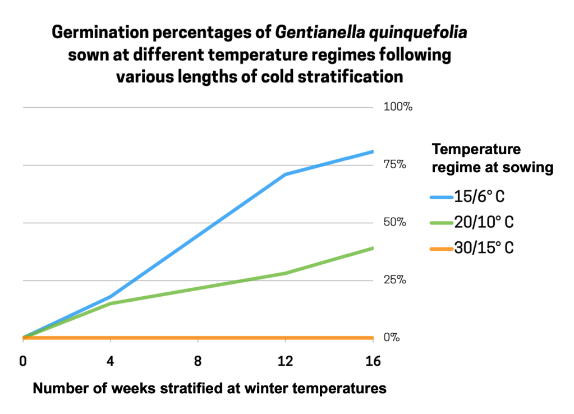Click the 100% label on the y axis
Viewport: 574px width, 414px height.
tap(398, 107)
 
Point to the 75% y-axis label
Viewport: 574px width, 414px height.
tap(395, 165)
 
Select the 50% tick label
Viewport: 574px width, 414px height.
tap(395, 223)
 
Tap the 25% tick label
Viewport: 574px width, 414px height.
tap(395, 280)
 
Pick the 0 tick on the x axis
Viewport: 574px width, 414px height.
tap(23, 361)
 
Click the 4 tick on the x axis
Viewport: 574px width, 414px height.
tap(111, 361)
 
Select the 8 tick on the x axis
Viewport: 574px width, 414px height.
tap(198, 361)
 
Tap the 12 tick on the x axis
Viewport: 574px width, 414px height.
tap(286, 361)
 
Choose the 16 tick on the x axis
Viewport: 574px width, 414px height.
tap(373, 361)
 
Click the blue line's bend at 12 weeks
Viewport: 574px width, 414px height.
tap(286, 174)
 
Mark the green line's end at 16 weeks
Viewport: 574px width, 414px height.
tap(373, 247)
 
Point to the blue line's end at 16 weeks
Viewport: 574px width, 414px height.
tap(373, 151)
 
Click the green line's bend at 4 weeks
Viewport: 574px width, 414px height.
tap(111, 303)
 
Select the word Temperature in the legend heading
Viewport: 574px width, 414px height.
tap(476, 150)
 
